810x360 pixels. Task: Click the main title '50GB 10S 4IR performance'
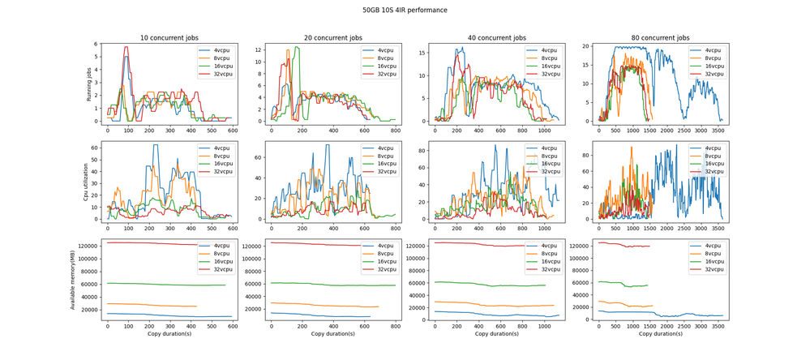coord(405,11)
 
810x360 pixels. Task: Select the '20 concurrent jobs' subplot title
coord(332,38)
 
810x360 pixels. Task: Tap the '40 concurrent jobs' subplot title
coord(496,38)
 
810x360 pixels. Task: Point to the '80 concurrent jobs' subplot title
coord(660,38)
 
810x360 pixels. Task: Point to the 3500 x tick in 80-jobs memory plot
coord(717,326)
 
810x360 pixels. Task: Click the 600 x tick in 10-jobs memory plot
coord(233,326)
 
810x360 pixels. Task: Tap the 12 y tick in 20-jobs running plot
coord(259,49)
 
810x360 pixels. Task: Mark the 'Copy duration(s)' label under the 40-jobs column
coord(496,334)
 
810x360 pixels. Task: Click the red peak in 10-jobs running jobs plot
coord(126,46)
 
